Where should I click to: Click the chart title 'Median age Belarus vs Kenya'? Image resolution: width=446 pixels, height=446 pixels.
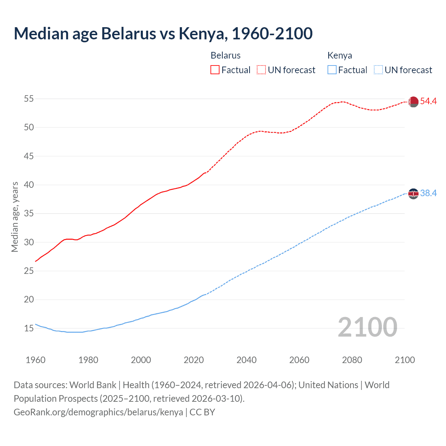click(x=163, y=33)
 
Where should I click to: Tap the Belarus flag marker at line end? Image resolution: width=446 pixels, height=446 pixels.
click(x=413, y=101)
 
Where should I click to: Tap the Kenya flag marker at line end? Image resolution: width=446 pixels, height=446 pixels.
click(x=413, y=193)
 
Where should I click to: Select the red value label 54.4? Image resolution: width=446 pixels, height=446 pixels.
click(x=428, y=101)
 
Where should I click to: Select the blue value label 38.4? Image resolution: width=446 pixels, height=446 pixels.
click(x=428, y=193)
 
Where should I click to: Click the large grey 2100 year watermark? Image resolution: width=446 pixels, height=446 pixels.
click(x=367, y=327)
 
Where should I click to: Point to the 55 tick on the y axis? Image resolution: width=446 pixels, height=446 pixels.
click(x=29, y=99)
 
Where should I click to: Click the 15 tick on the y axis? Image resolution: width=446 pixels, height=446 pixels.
click(x=29, y=328)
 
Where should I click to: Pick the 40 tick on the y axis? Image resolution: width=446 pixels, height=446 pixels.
click(x=29, y=185)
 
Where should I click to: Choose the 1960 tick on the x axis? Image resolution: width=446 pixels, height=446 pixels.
click(x=36, y=360)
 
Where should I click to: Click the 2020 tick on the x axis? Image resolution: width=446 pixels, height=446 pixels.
click(x=194, y=360)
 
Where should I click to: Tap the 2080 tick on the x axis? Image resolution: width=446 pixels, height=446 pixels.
click(x=352, y=360)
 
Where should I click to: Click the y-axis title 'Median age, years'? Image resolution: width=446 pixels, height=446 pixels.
click(x=15, y=217)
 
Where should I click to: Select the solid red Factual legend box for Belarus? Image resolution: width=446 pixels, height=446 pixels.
click(x=215, y=70)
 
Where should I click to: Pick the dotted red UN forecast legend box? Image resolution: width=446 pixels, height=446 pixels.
click(x=261, y=70)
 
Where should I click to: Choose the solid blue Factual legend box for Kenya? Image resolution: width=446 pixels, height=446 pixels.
click(x=332, y=70)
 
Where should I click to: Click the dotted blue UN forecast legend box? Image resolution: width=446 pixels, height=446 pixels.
click(x=378, y=70)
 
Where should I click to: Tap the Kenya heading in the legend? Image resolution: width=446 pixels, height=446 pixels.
click(x=340, y=55)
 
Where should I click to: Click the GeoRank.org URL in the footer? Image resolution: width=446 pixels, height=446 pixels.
click(x=98, y=412)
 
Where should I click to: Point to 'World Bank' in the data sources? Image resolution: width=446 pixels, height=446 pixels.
click(x=93, y=385)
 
